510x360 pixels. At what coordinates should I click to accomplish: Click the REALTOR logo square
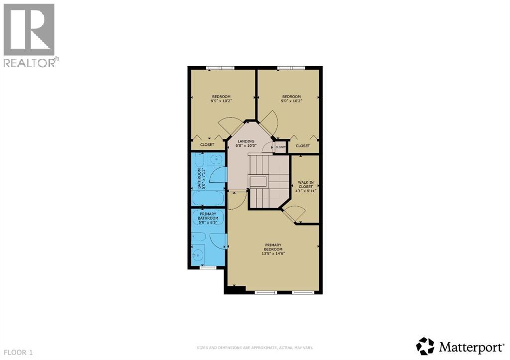pyautogui.click(x=29, y=29)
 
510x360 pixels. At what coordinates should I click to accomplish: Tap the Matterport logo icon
pyautogui.click(x=425, y=346)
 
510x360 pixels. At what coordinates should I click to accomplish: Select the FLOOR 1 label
pyautogui.click(x=17, y=353)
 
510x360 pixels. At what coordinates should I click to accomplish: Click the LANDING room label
pyautogui.click(x=246, y=141)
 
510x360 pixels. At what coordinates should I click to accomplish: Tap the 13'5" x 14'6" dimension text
pyautogui.click(x=273, y=253)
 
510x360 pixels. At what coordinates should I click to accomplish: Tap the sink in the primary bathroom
pyautogui.click(x=198, y=255)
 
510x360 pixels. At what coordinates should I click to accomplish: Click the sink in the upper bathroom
pyautogui.click(x=215, y=160)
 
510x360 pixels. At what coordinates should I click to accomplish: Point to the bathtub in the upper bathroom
pyautogui.click(x=208, y=199)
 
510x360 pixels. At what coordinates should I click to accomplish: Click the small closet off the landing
pyautogui.click(x=280, y=147)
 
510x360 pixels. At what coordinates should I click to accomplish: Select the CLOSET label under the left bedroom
pyautogui.click(x=207, y=145)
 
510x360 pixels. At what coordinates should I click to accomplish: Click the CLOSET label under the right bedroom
pyautogui.click(x=303, y=146)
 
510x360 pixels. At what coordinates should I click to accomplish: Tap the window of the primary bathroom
pyautogui.click(x=208, y=268)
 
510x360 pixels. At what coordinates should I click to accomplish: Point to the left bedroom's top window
pyautogui.click(x=221, y=68)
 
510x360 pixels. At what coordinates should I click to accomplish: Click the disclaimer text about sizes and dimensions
pyautogui.click(x=255, y=348)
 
